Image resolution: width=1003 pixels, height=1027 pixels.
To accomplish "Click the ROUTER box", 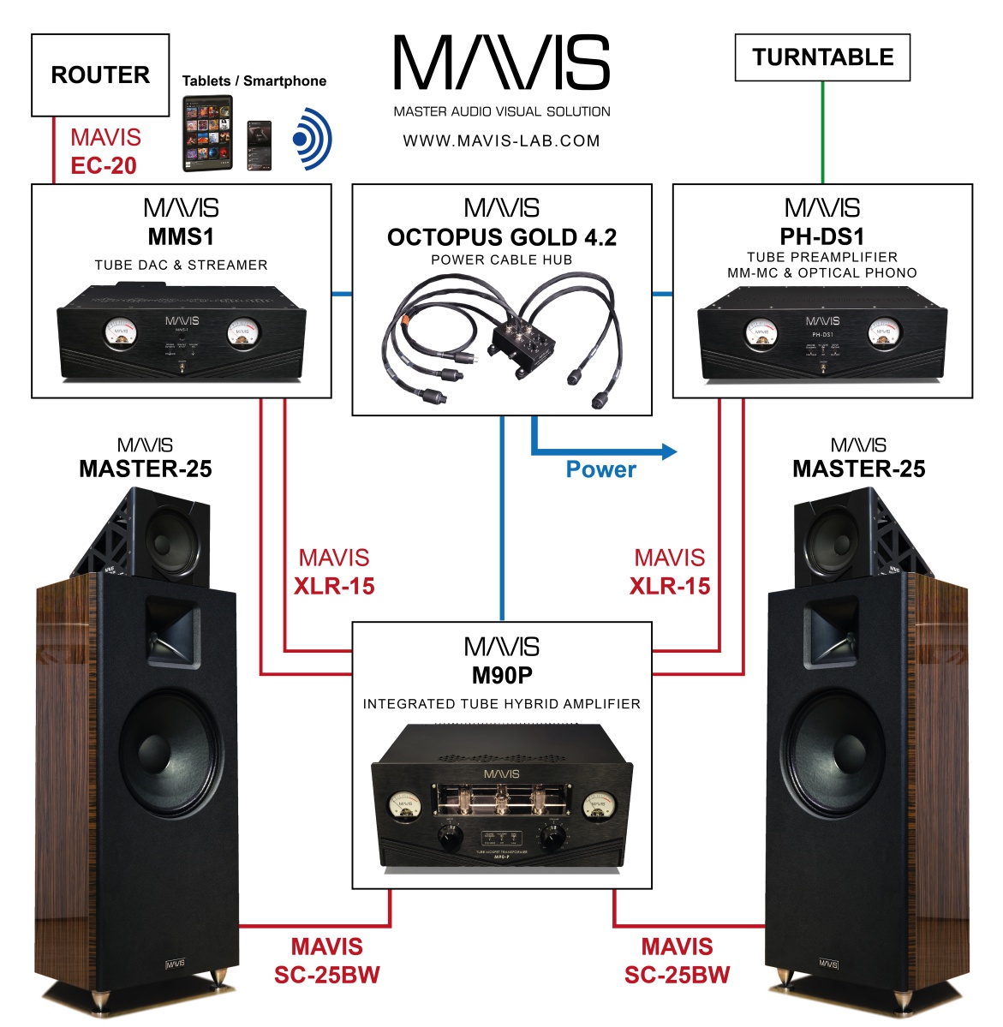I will coord(100,75).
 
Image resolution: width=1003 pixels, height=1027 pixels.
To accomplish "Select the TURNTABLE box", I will coord(822,57).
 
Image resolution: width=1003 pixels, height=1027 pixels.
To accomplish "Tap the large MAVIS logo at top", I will coord(502,63).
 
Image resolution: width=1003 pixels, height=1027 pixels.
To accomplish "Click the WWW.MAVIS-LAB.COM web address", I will coord(502,140).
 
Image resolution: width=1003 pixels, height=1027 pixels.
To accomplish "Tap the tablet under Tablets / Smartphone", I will coord(207,134).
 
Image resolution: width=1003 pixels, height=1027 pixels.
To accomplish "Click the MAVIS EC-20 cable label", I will coord(104,152).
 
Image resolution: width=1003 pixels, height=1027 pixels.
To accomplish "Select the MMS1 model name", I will coord(181,236).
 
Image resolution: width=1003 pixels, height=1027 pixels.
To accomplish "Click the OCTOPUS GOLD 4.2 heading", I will coord(502,237).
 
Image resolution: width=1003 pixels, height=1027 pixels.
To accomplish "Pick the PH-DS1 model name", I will coord(822,236).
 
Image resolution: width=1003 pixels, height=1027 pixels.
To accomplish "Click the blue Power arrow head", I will coord(668,451).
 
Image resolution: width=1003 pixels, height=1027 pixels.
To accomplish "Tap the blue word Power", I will coord(600,469).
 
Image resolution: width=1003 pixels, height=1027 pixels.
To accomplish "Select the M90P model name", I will coord(502,675).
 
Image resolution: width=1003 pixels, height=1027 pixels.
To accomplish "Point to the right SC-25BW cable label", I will coord(677,961).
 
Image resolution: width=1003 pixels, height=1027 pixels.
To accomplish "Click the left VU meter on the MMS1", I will coord(121,333).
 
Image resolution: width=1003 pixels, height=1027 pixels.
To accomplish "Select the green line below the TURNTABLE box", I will coord(823,133).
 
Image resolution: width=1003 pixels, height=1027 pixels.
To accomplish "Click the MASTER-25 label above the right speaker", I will coord(858,469).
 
